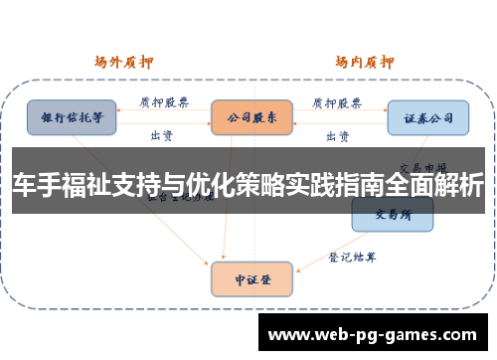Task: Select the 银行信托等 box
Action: click(72, 117)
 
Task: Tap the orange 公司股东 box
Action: click(251, 117)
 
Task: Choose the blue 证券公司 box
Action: click(427, 117)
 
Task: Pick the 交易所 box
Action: click(392, 214)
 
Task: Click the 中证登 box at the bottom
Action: click(251, 279)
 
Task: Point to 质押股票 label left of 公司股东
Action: click(162, 101)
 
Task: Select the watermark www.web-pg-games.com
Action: click(374, 334)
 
